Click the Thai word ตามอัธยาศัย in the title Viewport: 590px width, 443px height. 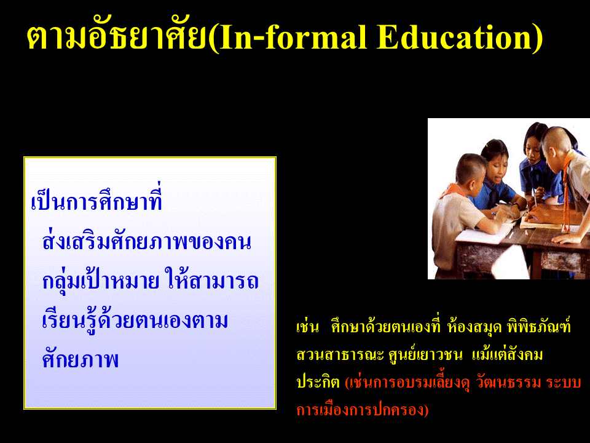pos(117,37)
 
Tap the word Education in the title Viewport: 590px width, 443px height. pos(455,38)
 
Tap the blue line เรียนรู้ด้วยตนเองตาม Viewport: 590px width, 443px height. pos(135,319)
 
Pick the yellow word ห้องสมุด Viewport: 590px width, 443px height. pos(474,326)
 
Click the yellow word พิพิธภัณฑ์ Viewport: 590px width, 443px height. pos(539,325)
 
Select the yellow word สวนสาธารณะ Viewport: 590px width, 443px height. pos(340,355)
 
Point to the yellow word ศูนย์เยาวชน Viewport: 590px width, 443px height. pos(425,355)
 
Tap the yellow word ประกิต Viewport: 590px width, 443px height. pos(318,382)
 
